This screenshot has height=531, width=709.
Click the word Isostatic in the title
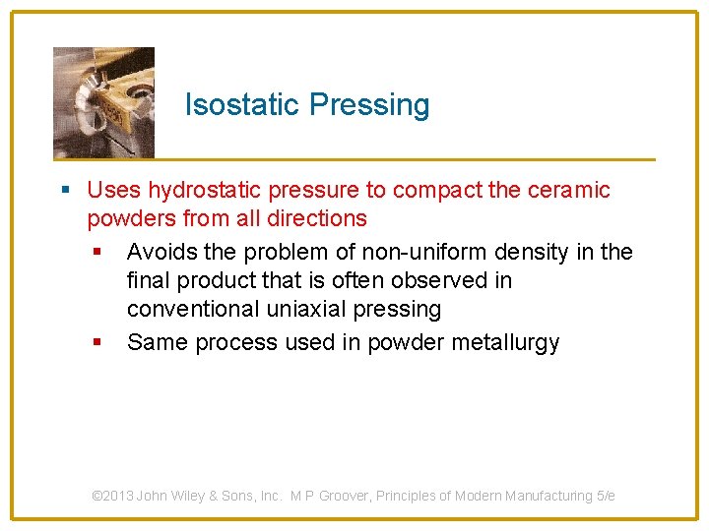click(x=243, y=105)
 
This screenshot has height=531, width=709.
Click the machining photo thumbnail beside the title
click(x=103, y=102)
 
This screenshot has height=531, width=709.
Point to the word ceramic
click(x=570, y=190)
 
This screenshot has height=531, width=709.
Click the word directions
click(x=312, y=218)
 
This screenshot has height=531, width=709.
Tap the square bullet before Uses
click(x=65, y=190)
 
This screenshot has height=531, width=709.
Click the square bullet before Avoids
click(x=97, y=253)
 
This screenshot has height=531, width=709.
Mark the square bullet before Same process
click(x=97, y=342)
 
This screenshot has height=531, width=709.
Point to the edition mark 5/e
click(x=606, y=496)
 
